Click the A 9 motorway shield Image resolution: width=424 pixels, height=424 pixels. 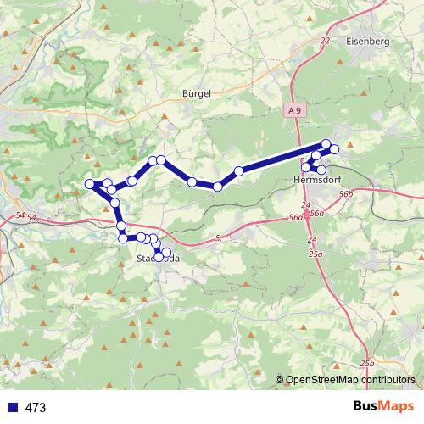click(293, 109)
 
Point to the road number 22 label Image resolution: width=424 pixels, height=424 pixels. click(326, 40)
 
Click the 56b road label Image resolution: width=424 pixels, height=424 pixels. click(345, 194)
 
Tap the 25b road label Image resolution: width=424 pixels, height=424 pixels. click(366, 363)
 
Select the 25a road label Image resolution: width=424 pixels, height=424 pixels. click(316, 254)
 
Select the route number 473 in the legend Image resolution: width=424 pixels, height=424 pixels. click(36, 408)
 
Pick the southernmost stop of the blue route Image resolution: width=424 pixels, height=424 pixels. click(159, 257)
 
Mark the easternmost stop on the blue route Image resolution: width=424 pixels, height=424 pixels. click(334, 149)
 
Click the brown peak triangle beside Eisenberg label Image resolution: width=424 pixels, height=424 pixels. click(339, 63)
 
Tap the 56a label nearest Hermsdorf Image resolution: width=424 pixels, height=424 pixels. click(316, 214)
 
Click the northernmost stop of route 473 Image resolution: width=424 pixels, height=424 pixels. click(326, 143)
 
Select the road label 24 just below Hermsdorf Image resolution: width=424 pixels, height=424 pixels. click(305, 206)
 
